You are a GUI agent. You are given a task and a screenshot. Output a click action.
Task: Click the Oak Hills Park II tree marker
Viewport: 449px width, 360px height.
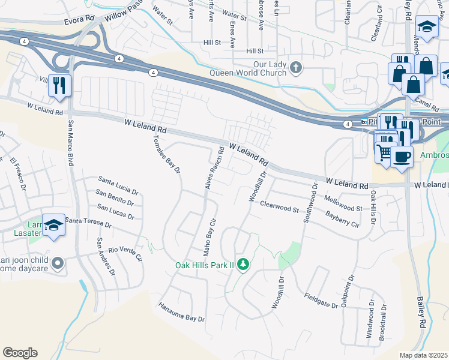[243, 264]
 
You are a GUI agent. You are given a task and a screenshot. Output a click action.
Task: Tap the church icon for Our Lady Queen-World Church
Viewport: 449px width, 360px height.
[295, 67]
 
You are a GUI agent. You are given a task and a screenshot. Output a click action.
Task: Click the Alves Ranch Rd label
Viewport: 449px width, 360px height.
[214, 169]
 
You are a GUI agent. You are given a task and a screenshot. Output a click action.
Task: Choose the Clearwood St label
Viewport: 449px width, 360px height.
[279, 206]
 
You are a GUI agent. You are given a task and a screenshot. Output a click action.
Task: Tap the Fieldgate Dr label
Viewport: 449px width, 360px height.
[321, 300]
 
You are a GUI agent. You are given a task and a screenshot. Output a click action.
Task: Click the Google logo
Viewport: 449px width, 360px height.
[20, 353]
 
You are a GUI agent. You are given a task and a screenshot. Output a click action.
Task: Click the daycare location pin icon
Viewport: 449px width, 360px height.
[58, 263]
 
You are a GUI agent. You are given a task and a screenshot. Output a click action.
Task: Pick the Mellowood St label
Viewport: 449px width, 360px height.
[343, 203]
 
